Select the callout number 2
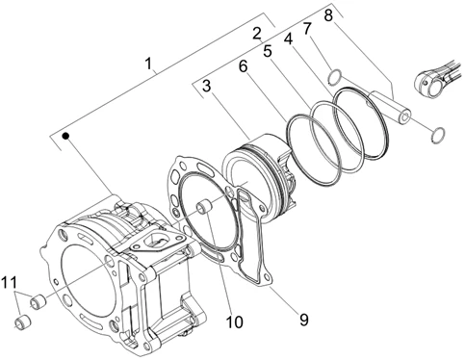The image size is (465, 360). click(x=256, y=33)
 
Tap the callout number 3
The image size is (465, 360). click(x=206, y=88)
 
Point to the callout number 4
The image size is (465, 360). click(x=287, y=40)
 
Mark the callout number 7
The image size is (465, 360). click(x=307, y=29)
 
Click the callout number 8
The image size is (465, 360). click(x=328, y=15)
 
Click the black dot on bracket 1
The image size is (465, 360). click(x=64, y=137)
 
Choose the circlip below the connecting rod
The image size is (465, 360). click(x=436, y=132)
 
